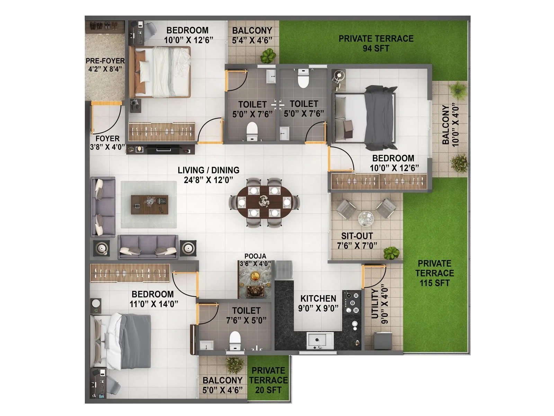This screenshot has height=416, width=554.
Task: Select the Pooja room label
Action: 255,256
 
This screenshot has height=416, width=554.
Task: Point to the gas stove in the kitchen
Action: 351,302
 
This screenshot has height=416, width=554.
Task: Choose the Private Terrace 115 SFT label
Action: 435,273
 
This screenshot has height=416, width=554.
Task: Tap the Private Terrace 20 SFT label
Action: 268,380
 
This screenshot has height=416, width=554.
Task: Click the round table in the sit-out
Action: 366,217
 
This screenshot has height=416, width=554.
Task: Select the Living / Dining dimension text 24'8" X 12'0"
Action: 208,180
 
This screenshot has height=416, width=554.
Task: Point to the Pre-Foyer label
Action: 105,61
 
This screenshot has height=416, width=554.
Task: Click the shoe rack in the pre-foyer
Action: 105,26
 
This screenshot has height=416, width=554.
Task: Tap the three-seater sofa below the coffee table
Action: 148,246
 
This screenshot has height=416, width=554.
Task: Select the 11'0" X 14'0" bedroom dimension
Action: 154,304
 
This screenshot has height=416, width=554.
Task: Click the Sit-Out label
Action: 357,236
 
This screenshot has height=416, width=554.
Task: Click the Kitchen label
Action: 318,298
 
